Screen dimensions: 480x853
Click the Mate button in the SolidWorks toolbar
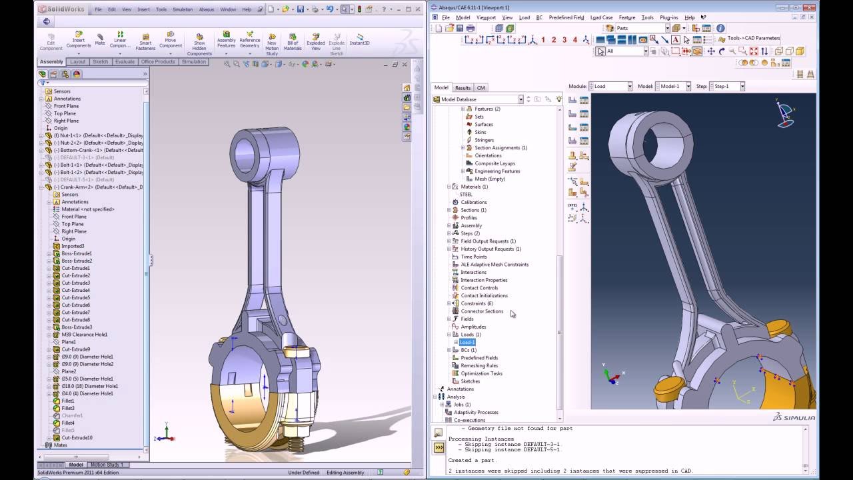coord(100,39)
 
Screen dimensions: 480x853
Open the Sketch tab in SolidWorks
coord(100,62)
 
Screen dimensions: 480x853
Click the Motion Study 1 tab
coord(107,465)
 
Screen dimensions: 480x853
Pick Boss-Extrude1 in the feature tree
coord(77,253)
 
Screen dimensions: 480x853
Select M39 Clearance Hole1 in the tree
coord(84,335)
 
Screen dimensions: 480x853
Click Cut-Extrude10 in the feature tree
coord(77,437)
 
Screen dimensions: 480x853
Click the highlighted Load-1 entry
coord(467,342)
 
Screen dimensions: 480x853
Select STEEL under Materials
coord(466,195)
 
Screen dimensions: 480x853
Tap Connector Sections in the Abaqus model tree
coord(482,311)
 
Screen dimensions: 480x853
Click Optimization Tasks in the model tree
coord(482,373)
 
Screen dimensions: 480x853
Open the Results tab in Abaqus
coord(462,87)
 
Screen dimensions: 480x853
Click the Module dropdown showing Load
coord(610,86)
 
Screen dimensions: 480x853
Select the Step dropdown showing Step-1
coord(727,86)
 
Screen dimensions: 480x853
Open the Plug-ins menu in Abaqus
coord(668,17)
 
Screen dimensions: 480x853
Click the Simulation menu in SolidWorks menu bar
coord(183,9)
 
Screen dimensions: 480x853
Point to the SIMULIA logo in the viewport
coord(794,417)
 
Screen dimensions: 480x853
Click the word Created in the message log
coord(459,460)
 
